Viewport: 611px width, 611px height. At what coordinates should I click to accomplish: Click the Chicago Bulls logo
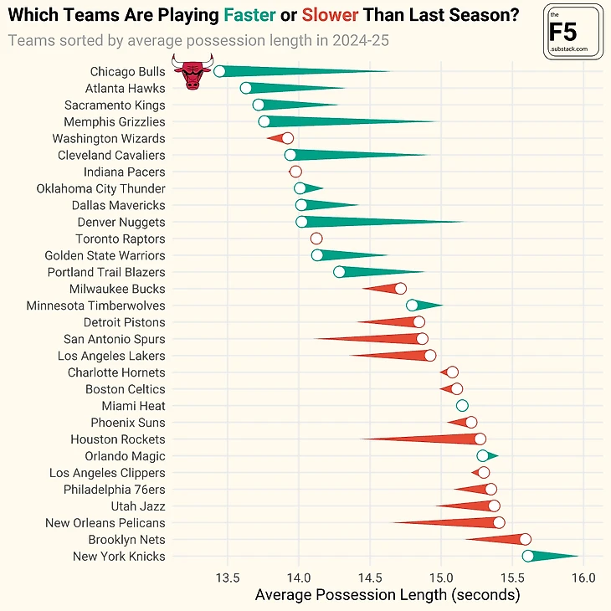pyautogui.click(x=192, y=72)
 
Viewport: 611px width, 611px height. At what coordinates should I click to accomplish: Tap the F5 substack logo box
pyautogui.click(x=574, y=33)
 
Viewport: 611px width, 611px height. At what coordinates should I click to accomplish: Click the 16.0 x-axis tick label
pyautogui.click(x=584, y=578)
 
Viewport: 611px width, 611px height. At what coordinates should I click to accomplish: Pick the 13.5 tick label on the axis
pyautogui.click(x=228, y=578)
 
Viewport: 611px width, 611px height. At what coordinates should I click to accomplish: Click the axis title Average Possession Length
pyautogui.click(x=387, y=595)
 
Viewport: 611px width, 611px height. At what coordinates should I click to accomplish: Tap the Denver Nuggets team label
pyautogui.click(x=121, y=222)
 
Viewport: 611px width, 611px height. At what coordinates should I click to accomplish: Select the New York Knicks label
pyautogui.click(x=119, y=557)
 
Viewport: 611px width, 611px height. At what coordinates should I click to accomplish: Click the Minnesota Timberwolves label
pyautogui.click(x=95, y=305)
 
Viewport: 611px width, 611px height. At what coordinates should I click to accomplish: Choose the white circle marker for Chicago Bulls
pyautogui.click(x=219, y=71)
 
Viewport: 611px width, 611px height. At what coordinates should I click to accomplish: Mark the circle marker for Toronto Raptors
pyautogui.click(x=316, y=239)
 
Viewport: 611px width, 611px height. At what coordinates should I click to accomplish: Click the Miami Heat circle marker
pyautogui.click(x=462, y=406)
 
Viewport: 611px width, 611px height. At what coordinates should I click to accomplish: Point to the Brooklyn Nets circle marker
pyautogui.click(x=525, y=540)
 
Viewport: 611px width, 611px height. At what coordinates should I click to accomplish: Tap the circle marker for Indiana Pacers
pyautogui.click(x=295, y=172)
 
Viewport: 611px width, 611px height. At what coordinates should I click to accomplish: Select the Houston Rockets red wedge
pyautogui.click(x=427, y=439)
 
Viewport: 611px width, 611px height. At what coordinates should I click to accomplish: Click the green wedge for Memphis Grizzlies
pyautogui.click(x=352, y=122)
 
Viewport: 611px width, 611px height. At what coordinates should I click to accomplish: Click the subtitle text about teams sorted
pyautogui.click(x=198, y=40)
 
